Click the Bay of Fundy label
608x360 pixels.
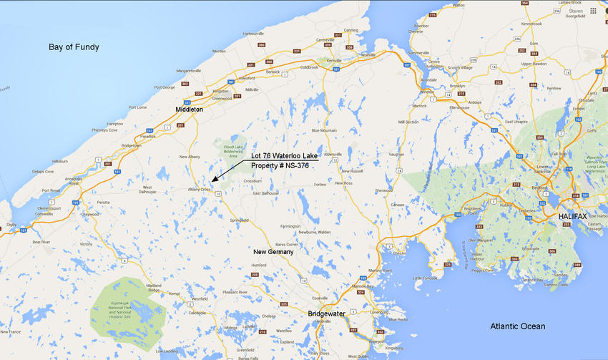(74, 47)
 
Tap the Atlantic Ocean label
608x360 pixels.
(517, 326)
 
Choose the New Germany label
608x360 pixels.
(274, 252)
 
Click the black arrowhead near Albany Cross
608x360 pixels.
(215, 181)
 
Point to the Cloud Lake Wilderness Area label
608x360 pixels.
(232, 150)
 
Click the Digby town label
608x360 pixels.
(11, 225)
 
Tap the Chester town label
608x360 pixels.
(399, 253)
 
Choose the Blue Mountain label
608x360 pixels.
(324, 130)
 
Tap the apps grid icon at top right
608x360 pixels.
(593, 11)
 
